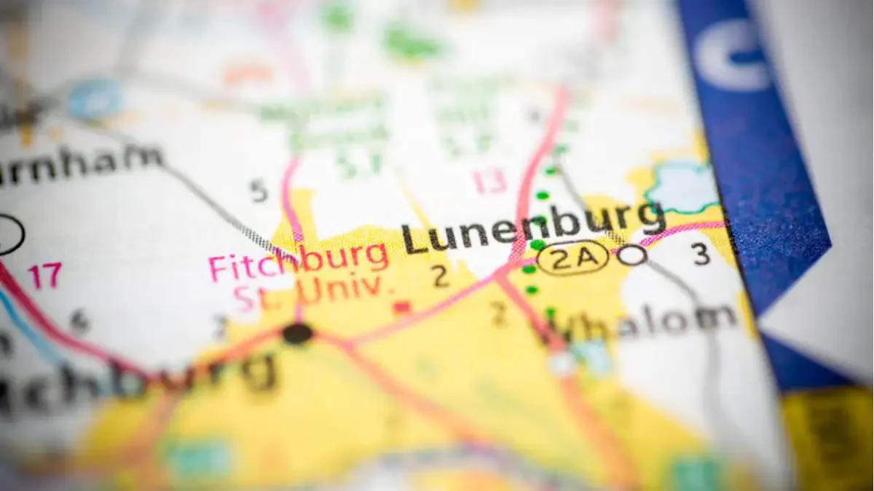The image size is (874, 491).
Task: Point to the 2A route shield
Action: click(x=572, y=257)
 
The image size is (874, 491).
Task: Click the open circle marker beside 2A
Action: click(x=632, y=255)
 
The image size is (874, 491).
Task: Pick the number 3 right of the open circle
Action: click(x=701, y=254)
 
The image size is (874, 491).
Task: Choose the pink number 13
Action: click(x=489, y=181)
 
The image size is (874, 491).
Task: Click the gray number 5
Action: click(x=259, y=191)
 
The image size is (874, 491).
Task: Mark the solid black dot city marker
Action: click(x=297, y=334)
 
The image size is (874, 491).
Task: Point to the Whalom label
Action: click(x=641, y=321)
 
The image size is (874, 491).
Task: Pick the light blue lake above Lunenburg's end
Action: click(x=682, y=185)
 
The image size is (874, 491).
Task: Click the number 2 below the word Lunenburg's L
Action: click(x=439, y=276)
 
